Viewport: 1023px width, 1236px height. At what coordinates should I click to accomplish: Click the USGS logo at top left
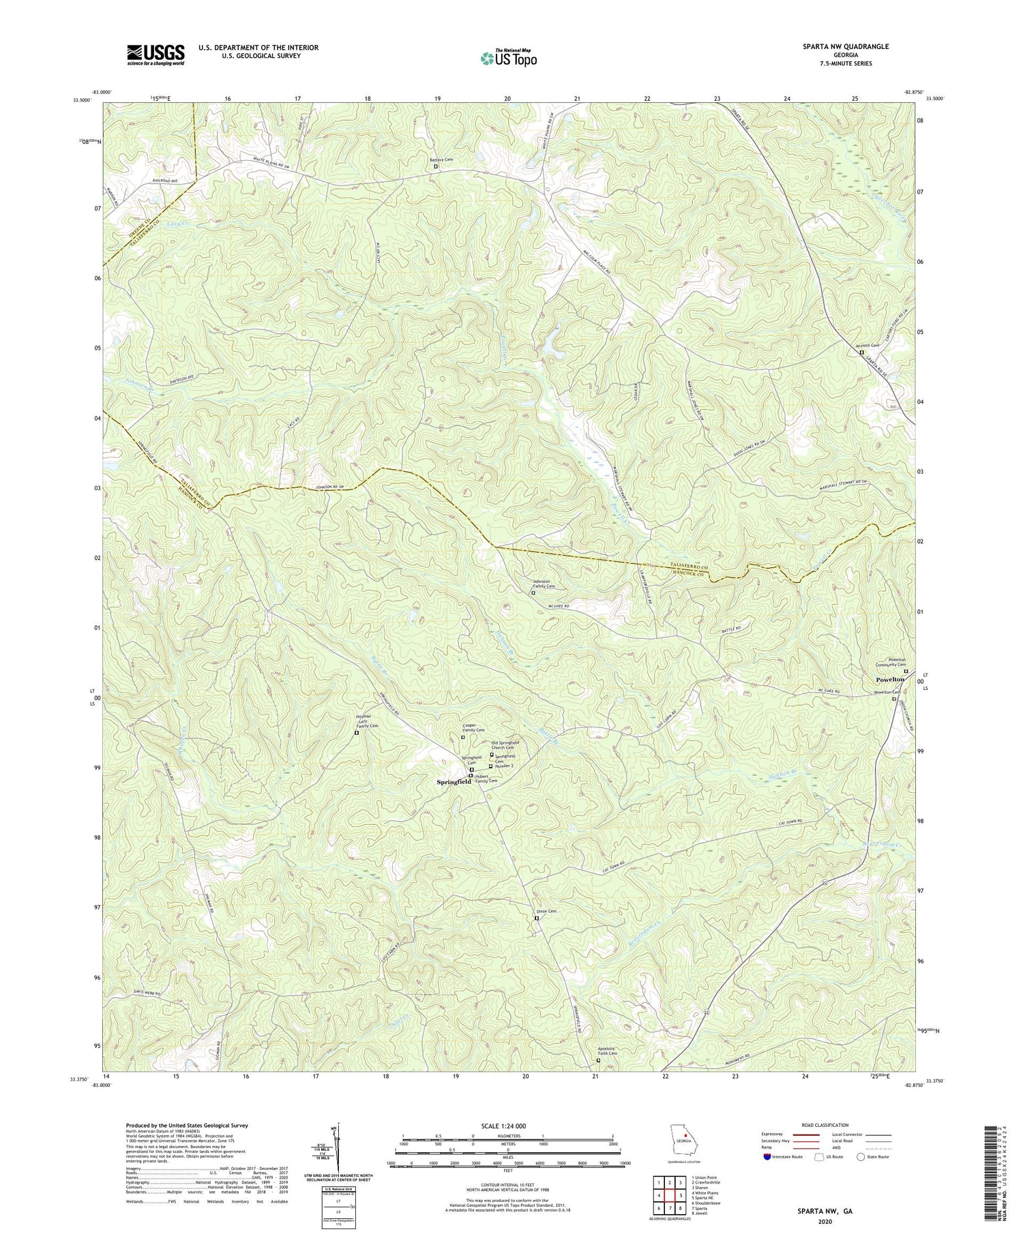(155, 55)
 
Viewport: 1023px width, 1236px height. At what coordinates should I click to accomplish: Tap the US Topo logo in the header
(508, 58)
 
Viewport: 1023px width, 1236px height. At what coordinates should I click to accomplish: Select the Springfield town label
(454, 782)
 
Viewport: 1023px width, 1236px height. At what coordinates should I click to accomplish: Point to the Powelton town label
(890, 680)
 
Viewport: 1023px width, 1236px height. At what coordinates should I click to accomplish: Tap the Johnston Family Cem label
(544, 584)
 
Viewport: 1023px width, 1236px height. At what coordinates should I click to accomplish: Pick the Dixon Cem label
(538, 911)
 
